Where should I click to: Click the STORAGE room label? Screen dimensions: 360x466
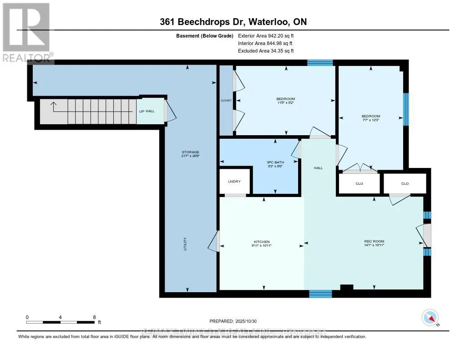(190, 152)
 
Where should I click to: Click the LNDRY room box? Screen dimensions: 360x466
(235, 181)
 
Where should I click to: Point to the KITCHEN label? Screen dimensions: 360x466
(262, 242)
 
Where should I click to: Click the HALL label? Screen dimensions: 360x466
(318, 168)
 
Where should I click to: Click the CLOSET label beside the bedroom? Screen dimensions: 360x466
(226, 100)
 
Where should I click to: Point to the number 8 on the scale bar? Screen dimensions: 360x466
(94, 317)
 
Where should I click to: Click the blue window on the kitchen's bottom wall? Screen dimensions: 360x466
(320, 294)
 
